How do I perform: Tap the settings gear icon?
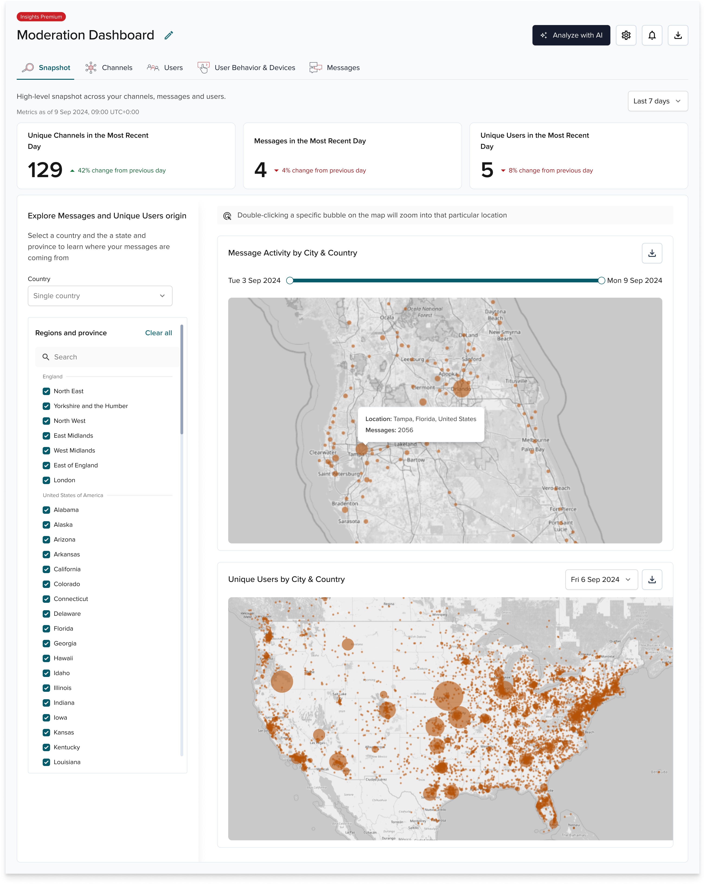[x=625, y=35]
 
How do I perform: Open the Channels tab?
[x=109, y=68]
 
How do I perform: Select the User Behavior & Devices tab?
[x=247, y=68]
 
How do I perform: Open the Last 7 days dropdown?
[x=657, y=101]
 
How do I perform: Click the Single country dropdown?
[x=100, y=296]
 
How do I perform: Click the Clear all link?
[x=158, y=333]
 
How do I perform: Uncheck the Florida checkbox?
[x=46, y=629]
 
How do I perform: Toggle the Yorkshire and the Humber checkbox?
[x=46, y=406]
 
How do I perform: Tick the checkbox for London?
[x=46, y=480]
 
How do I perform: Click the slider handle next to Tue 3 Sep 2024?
[x=290, y=281]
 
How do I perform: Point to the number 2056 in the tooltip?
[x=405, y=430]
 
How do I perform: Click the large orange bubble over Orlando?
[x=461, y=388]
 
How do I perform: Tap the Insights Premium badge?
[x=41, y=17]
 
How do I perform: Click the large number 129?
[x=45, y=170]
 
